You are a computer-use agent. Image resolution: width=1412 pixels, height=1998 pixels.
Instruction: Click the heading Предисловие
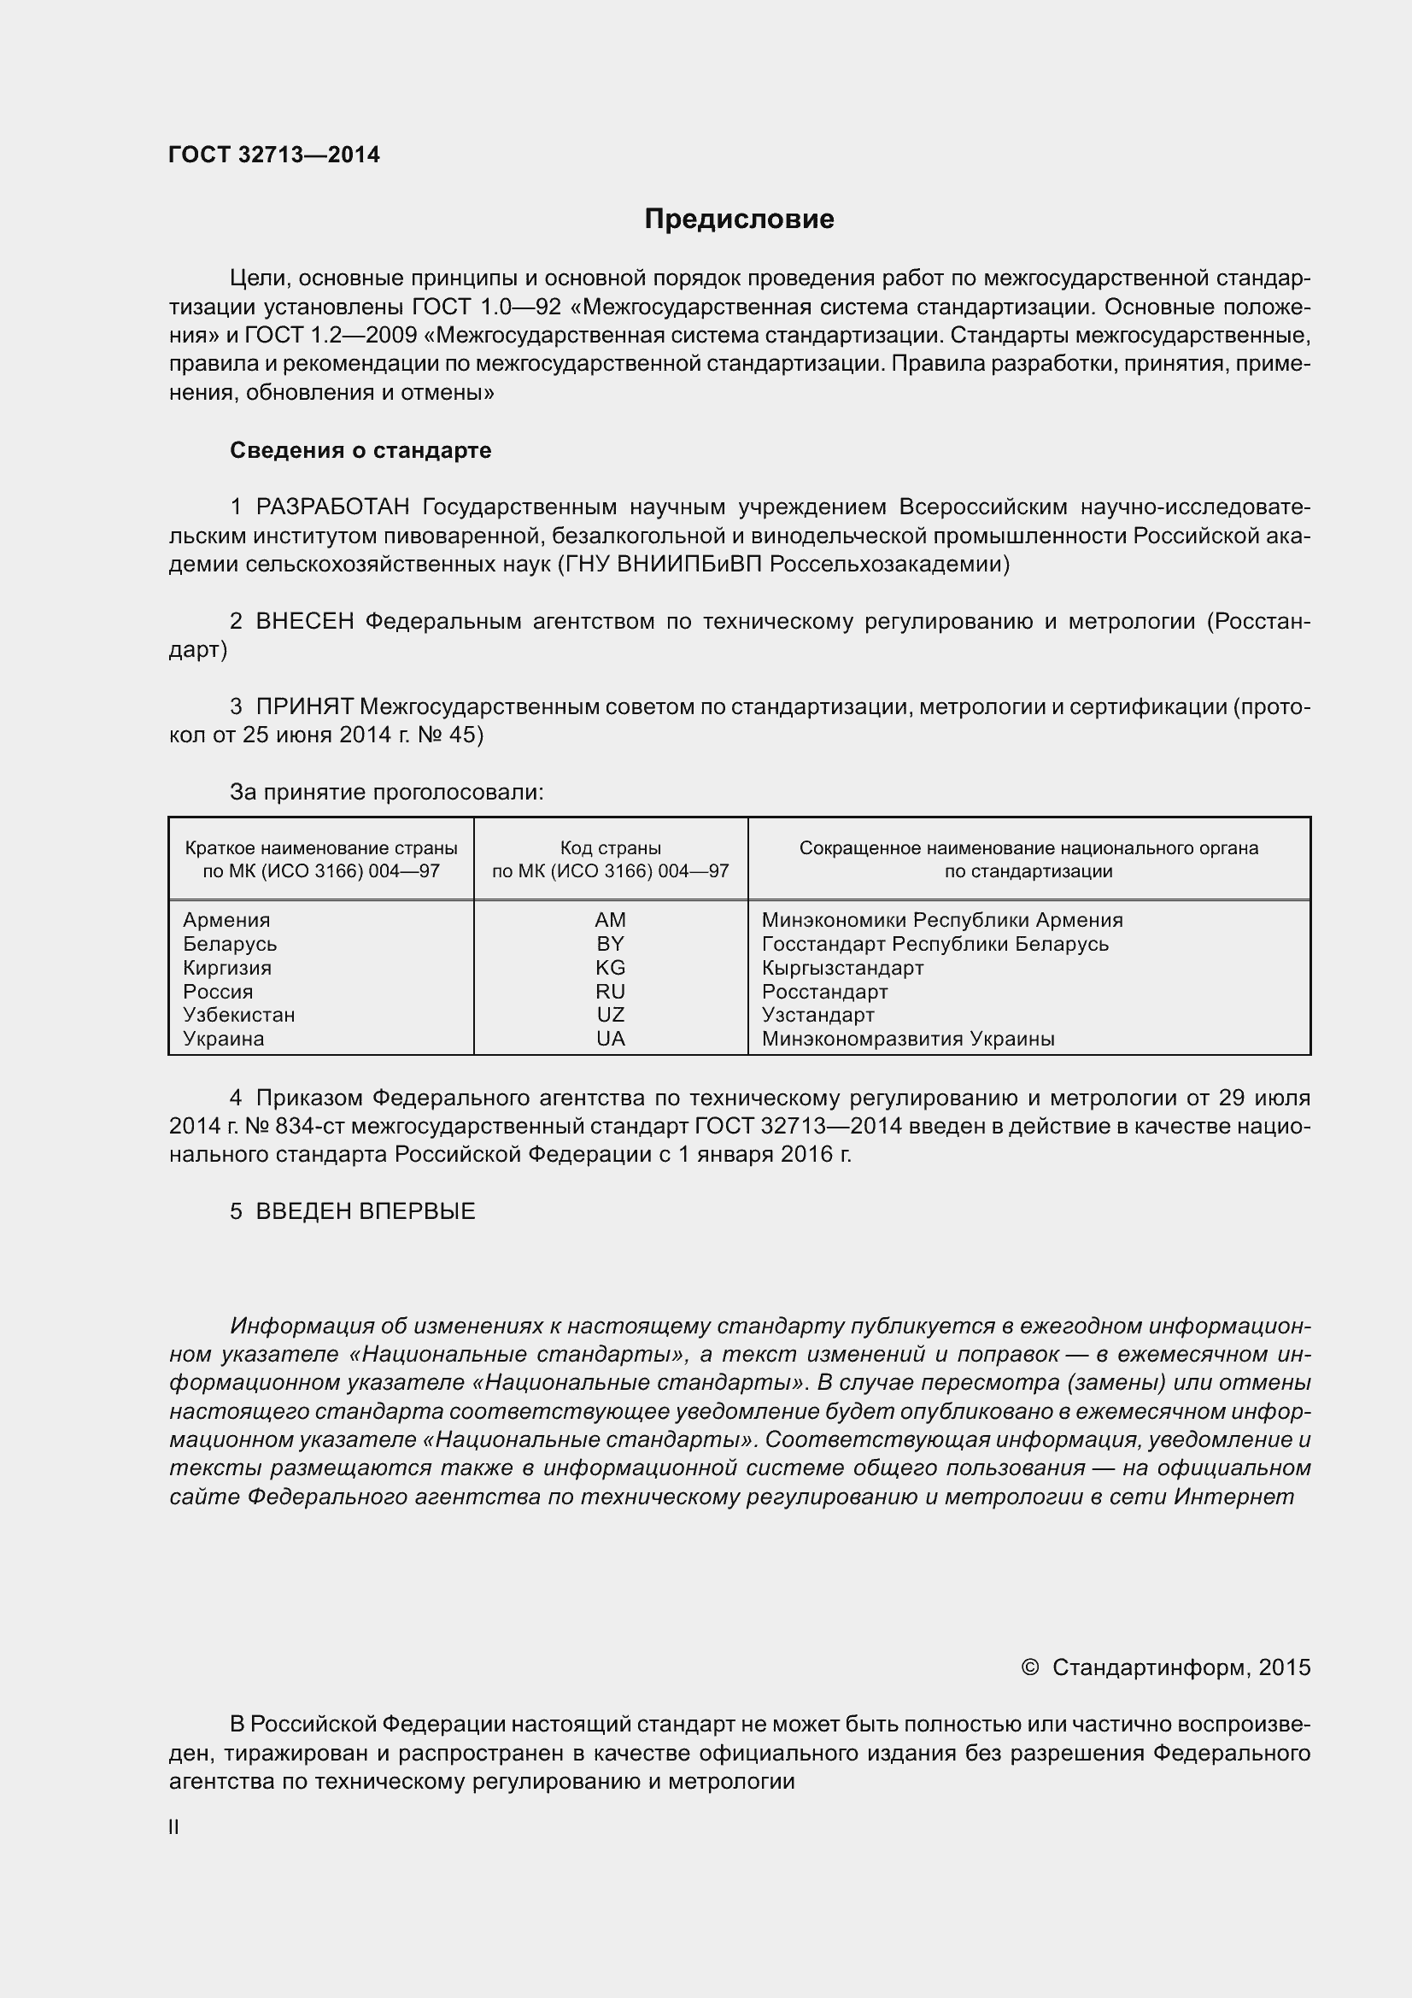pos(739,220)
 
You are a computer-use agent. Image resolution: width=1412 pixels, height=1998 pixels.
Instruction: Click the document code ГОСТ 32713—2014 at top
pos(274,155)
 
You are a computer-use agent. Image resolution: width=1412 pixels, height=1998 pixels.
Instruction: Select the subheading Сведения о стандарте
pos(360,450)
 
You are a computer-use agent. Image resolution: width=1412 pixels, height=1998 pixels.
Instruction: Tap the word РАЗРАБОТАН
pos(332,507)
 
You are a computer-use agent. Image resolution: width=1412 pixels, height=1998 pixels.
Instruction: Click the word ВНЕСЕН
pos(304,621)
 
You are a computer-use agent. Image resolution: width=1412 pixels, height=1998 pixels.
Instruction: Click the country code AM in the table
pos(610,920)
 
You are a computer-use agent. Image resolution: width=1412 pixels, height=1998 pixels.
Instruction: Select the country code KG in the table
pos(610,968)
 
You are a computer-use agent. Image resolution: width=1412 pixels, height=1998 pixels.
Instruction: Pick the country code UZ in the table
pos(610,1015)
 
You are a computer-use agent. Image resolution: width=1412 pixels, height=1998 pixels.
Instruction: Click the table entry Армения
pos(226,920)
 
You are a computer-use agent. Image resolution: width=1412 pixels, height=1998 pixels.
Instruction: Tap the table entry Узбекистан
pos(238,1015)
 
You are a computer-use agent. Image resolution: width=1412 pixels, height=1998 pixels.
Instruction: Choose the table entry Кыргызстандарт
pos(842,968)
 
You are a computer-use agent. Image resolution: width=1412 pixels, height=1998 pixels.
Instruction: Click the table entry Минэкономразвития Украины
pos(907,1038)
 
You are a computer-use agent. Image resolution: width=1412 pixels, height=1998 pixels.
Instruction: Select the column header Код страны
pos(610,847)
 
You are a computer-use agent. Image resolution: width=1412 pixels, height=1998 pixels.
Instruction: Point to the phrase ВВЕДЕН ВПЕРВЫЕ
pos(366,1211)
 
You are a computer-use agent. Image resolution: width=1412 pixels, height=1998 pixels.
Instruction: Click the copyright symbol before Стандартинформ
pos(1029,1667)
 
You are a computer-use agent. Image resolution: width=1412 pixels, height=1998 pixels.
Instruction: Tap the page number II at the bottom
pos(174,1826)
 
